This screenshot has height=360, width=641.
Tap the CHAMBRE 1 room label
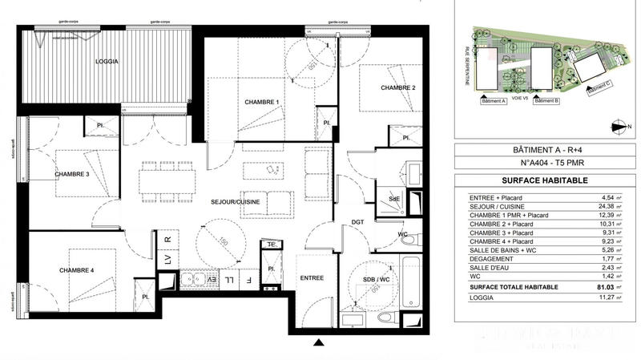click(261, 102)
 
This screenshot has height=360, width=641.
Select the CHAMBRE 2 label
click(397, 87)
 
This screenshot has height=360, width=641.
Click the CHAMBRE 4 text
click(76, 270)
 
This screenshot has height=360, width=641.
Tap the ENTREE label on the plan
click(312, 277)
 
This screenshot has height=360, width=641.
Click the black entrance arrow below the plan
click(319, 344)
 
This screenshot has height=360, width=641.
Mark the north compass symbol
click(617, 124)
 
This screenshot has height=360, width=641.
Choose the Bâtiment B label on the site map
click(546, 102)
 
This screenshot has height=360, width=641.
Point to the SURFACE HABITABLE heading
click(541, 180)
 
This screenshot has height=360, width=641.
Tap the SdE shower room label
click(393, 198)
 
